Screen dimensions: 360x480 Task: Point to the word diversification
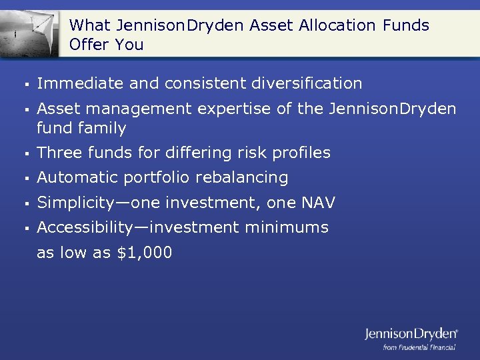[307, 83]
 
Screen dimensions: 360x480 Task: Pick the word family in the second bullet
[103, 127]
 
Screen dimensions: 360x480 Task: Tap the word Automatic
[75, 177]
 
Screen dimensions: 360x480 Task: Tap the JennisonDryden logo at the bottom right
[411, 334]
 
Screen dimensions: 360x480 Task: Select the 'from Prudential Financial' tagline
[419, 347]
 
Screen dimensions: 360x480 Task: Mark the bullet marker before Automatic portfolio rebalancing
[24, 178]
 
